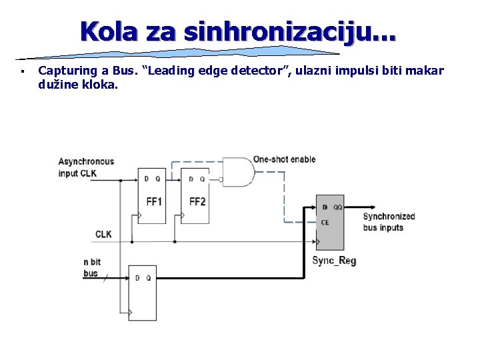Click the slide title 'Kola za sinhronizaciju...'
click(x=237, y=31)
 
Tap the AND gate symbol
click(x=237, y=172)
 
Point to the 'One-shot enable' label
click(x=284, y=159)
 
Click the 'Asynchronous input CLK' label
click(x=86, y=167)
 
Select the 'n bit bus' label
click(x=91, y=268)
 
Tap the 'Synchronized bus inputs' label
click(x=389, y=222)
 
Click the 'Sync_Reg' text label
click(x=334, y=260)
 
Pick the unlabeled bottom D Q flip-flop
click(x=143, y=293)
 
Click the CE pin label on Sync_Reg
click(x=325, y=223)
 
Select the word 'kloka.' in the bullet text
click(x=100, y=85)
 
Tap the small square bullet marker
click(x=22, y=71)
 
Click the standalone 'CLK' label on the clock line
click(x=103, y=234)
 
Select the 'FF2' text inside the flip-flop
click(x=197, y=201)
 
